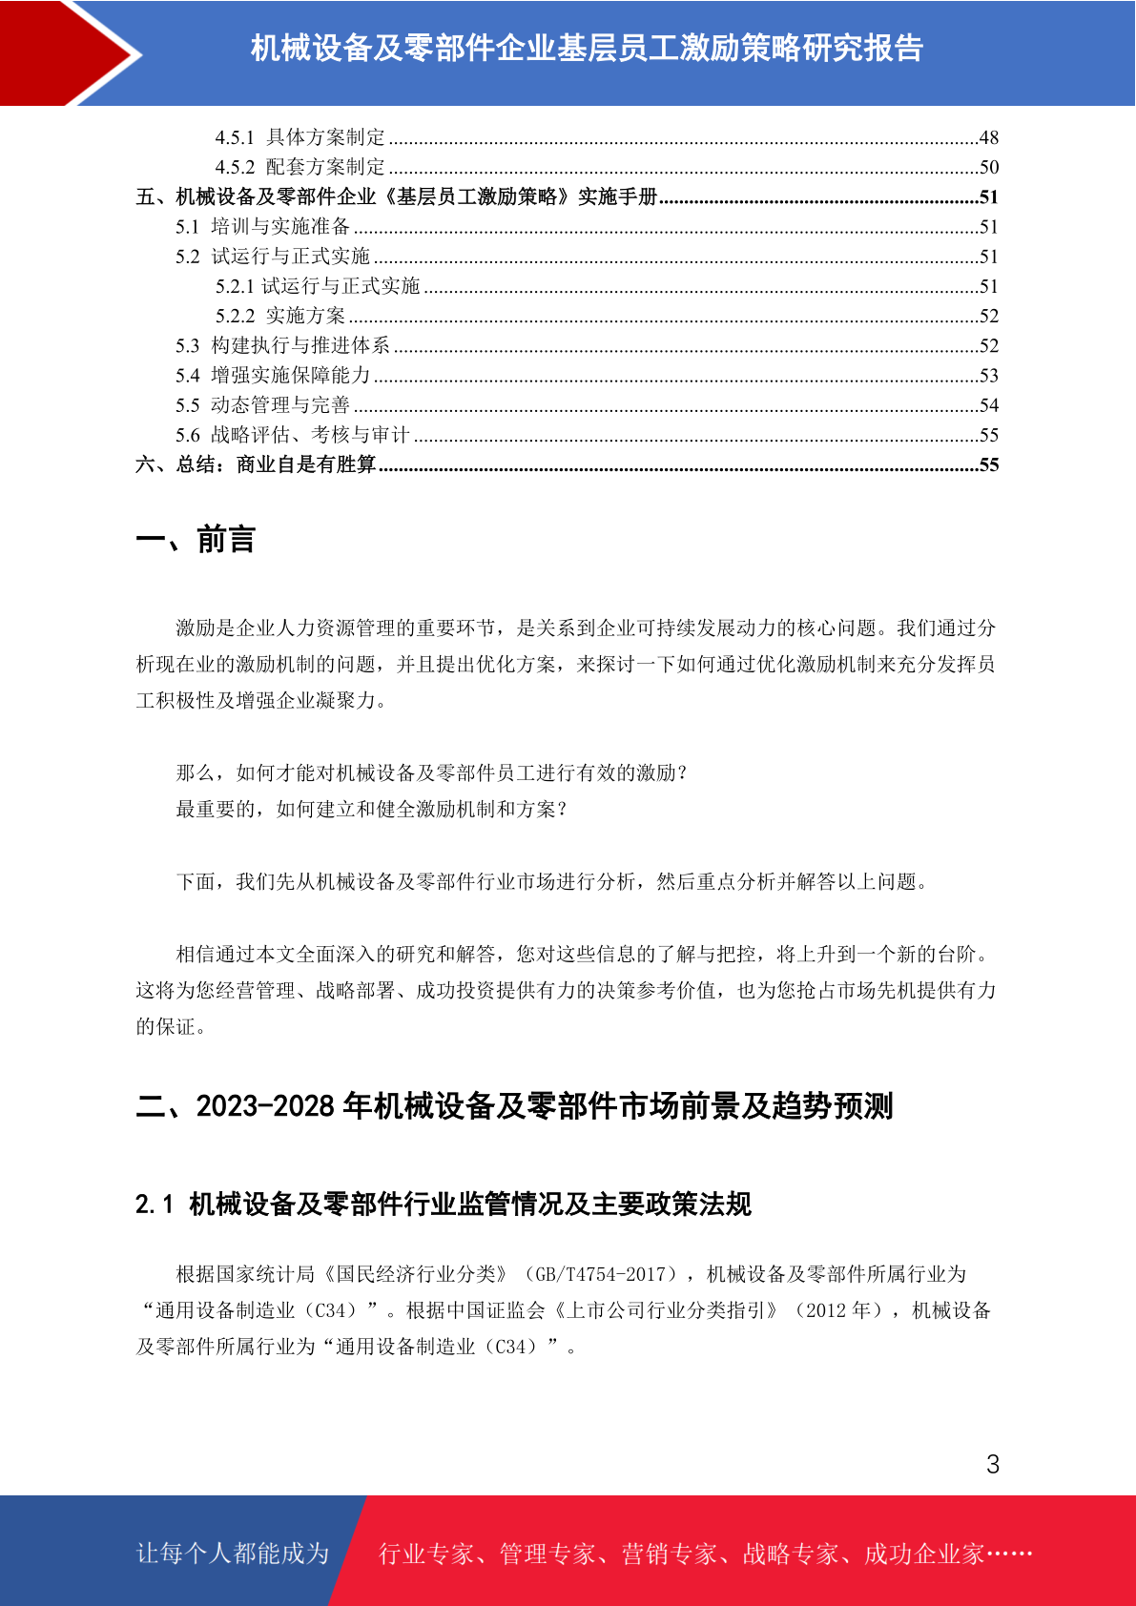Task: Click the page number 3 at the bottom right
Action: tap(992, 1464)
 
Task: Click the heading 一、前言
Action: tap(196, 540)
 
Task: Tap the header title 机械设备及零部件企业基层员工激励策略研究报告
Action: tap(587, 49)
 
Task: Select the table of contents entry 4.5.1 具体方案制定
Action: tap(299, 137)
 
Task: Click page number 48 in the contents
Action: tap(988, 137)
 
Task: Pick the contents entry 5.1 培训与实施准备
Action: tap(263, 227)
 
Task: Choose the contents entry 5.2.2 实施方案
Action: tap(280, 316)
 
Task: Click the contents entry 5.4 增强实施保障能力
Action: tap(273, 376)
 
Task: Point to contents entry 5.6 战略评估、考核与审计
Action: tap(292, 435)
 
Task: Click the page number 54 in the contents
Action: tap(988, 405)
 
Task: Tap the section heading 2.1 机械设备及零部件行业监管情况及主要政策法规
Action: tap(443, 1204)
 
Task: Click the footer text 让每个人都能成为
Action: tap(233, 1554)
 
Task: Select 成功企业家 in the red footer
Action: tap(923, 1554)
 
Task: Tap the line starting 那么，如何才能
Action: tap(431, 773)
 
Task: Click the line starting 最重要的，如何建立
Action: tap(372, 810)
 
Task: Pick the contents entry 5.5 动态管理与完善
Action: tap(263, 405)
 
